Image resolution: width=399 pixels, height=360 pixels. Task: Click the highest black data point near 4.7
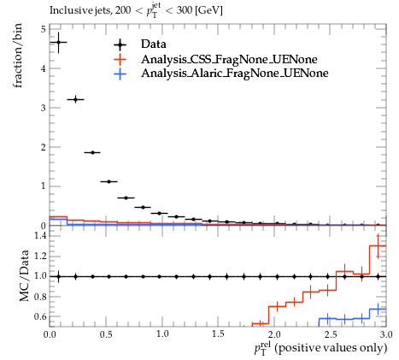(x=58, y=43)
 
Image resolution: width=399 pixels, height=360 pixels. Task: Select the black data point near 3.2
(x=75, y=99)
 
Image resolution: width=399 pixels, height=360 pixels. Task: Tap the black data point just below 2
(x=92, y=152)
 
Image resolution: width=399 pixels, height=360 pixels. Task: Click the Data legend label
(x=154, y=44)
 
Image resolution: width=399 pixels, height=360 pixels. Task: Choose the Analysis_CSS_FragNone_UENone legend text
(x=229, y=59)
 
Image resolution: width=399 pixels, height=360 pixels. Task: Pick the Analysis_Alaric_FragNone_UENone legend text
(x=235, y=74)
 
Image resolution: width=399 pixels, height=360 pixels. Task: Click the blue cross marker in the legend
(x=120, y=74)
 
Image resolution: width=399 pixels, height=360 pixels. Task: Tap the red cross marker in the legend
(x=120, y=60)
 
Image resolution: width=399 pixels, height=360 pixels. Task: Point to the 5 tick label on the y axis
(x=43, y=29)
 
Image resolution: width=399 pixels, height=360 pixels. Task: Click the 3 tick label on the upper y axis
(x=43, y=108)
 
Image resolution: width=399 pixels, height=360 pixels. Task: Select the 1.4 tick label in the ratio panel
(x=40, y=236)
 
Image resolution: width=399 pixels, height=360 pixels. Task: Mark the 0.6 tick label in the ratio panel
(x=40, y=316)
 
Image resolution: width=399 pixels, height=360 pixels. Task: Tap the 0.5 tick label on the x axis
(x=106, y=333)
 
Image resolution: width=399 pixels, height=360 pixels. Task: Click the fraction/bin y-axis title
(x=18, y=56)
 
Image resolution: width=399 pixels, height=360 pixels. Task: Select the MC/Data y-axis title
(x=24, y=275)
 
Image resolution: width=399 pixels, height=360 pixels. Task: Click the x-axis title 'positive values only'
(x=332, y=348)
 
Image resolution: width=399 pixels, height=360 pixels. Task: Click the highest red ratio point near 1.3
(x=378, y=245)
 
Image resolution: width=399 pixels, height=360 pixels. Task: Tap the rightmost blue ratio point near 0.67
(x=378, y=309)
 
